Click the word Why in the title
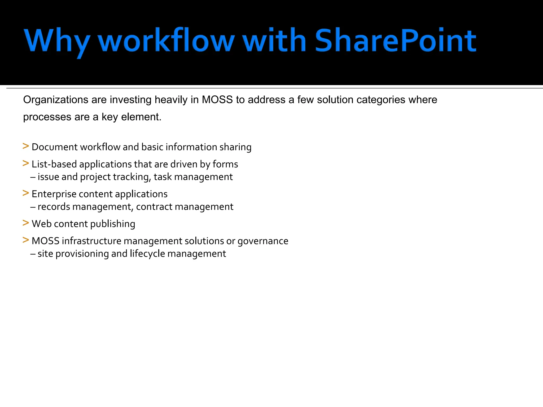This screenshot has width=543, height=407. click(x=57, y=41)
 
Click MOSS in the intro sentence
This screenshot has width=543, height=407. click(x=217, y=100)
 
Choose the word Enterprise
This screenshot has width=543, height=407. click(x=54, y=194)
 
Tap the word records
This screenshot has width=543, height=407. click(x=54, y=207)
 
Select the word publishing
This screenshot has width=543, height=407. click(x=113, y=224)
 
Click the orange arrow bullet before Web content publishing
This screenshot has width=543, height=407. click(x=26, y=223)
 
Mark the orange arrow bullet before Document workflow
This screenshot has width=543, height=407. click(x=26, y=146)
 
